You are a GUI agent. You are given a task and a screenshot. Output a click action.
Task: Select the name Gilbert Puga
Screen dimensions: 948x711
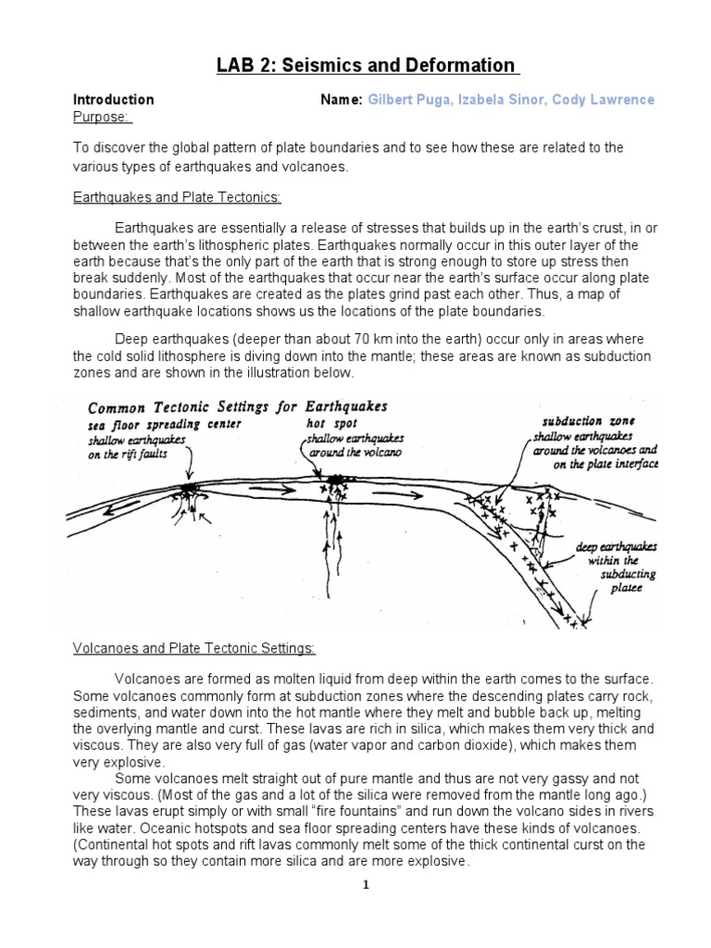[x=405, y=99]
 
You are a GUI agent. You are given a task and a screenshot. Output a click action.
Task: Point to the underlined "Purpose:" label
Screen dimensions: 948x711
[x=103, y=116]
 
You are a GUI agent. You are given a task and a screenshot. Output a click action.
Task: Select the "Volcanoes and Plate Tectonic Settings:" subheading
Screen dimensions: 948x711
[x=194, y=648]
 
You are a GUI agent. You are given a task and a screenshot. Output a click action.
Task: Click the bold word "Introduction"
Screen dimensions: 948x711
[x=114, y=99]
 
